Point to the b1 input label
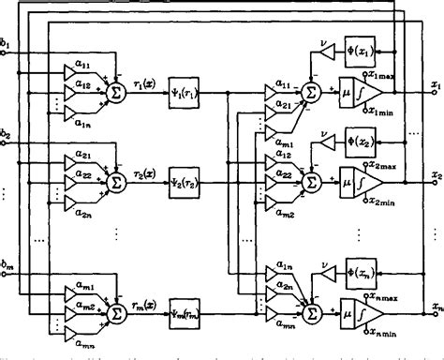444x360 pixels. pos(8,43)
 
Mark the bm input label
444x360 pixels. pos(8,258)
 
